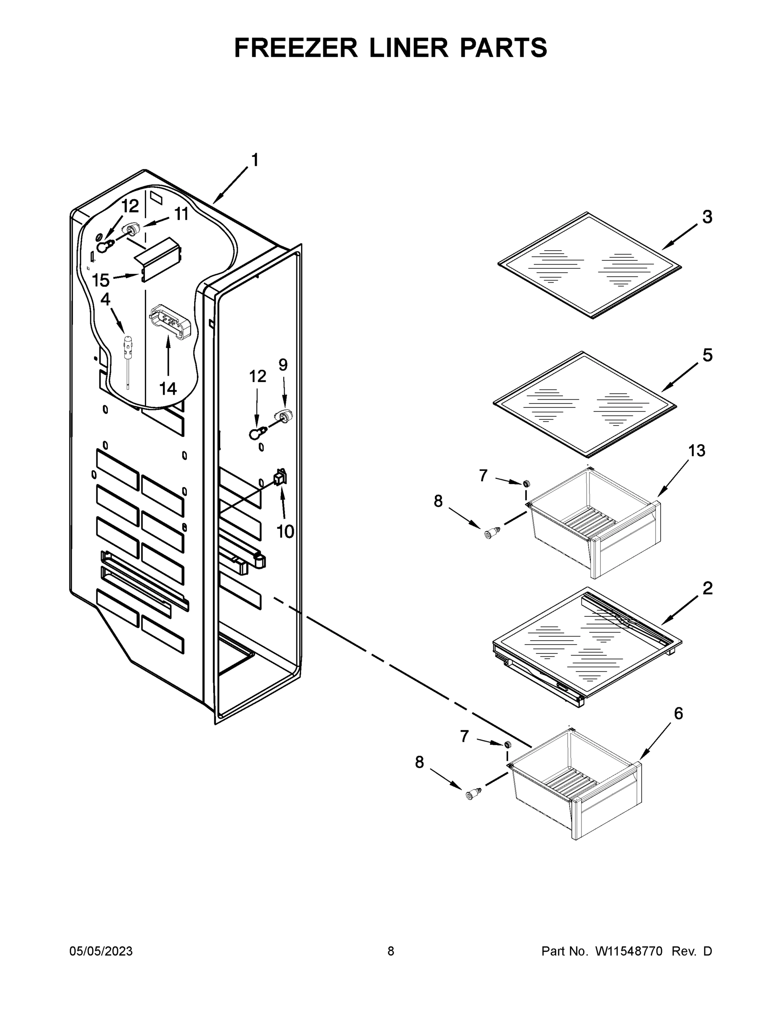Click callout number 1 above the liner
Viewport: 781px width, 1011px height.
[254, 160]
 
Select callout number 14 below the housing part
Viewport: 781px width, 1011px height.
[168, 388]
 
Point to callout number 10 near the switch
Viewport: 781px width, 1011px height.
[285, 532]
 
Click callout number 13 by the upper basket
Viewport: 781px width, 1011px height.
[697, 450]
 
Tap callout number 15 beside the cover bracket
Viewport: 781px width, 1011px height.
[100, 280]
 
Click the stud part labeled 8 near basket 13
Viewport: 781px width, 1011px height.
[492, 533]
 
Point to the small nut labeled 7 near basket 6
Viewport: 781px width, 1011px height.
[508, 744]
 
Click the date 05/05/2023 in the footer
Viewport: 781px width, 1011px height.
[101, 951]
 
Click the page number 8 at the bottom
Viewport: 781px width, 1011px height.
[391, 951]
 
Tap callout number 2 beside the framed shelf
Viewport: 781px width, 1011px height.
[707, 588]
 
